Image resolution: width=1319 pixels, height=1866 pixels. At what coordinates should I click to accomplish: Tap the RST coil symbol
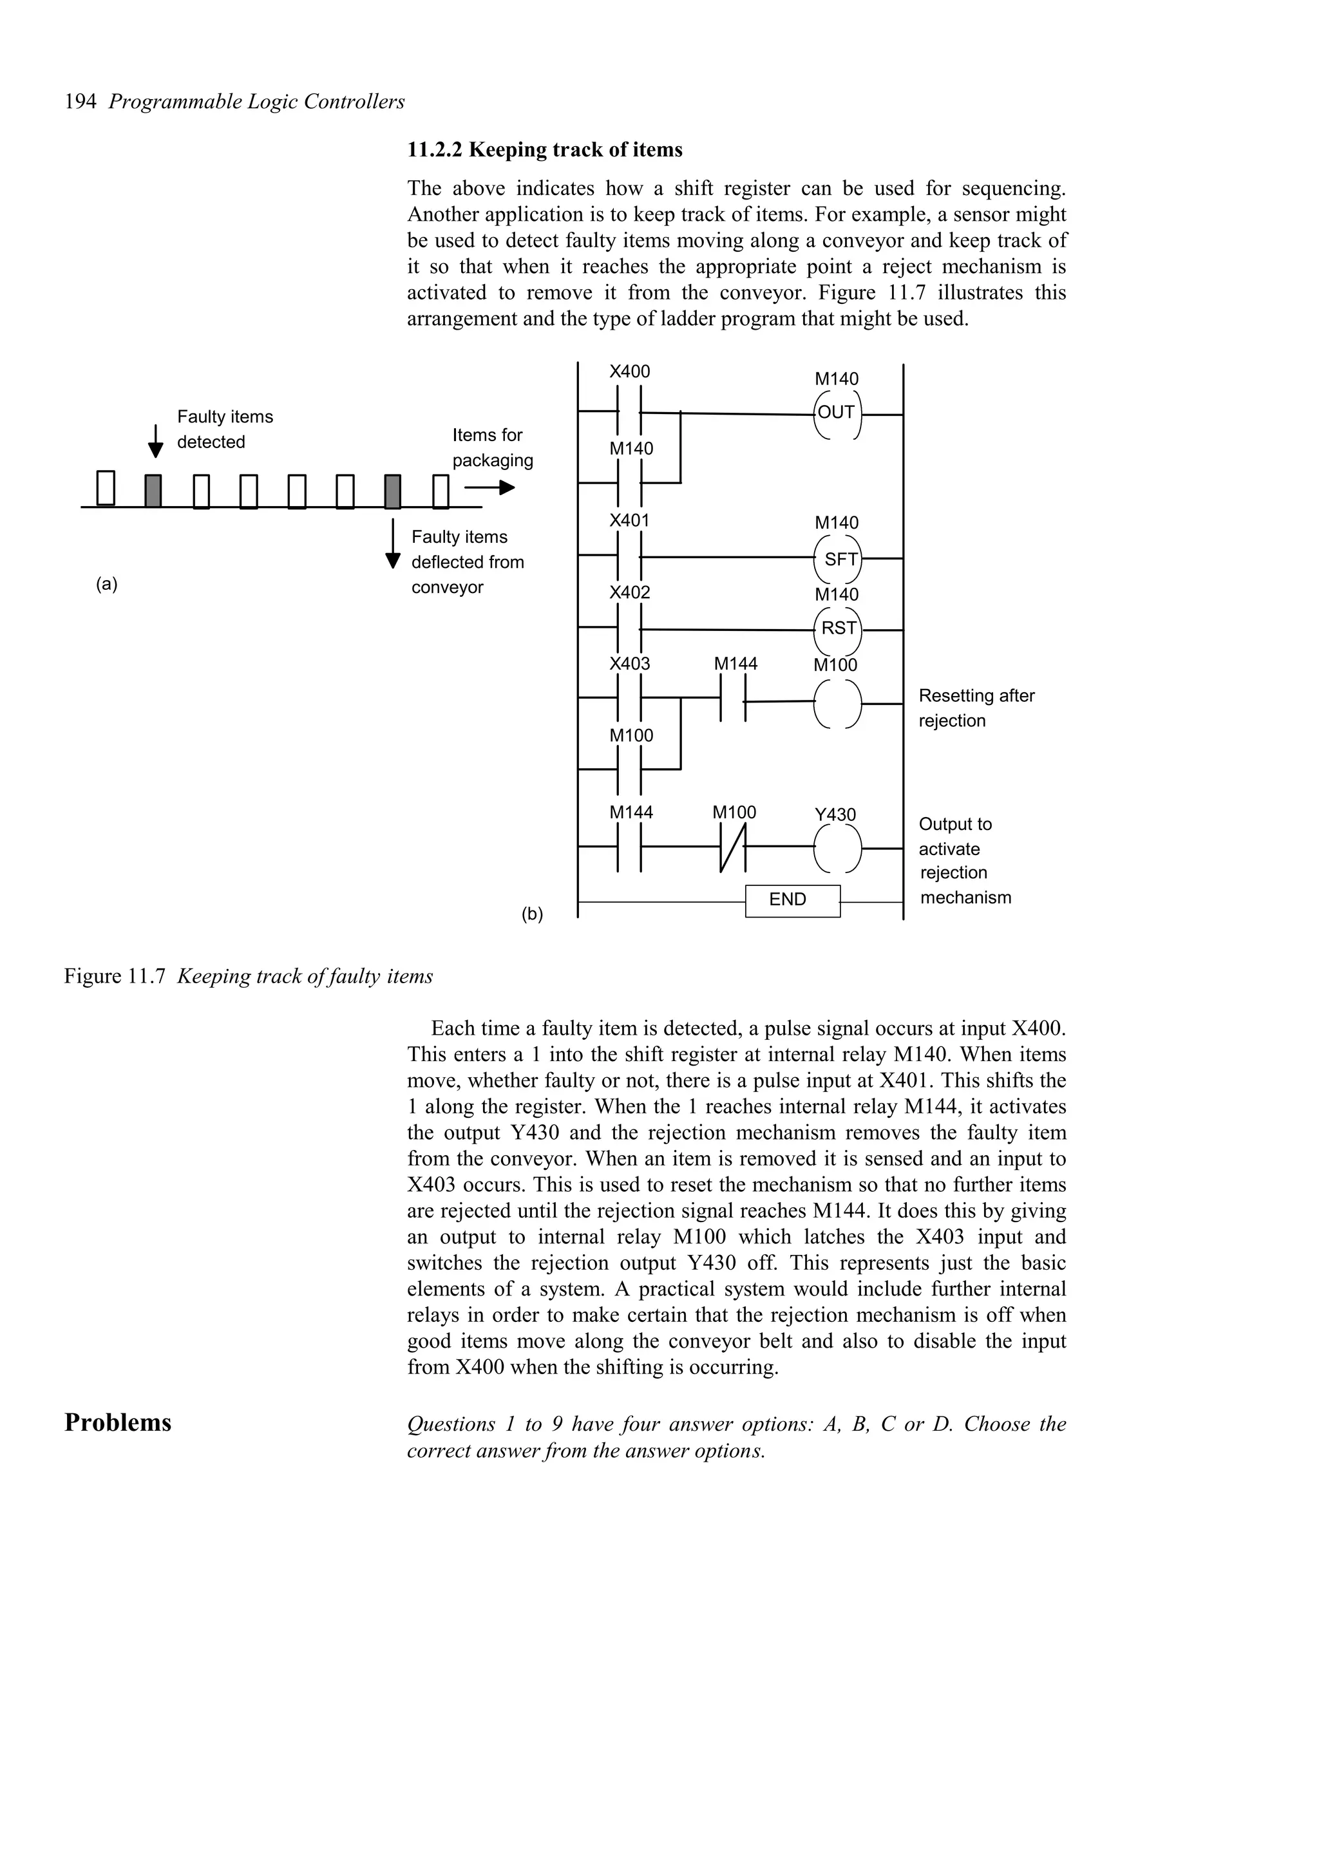pos(838,629)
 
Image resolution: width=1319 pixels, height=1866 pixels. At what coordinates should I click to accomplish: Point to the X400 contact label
pos(629,372)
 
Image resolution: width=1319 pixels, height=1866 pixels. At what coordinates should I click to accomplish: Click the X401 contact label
pos(629,521)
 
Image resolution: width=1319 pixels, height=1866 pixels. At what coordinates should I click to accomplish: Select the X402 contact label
pos(629,592)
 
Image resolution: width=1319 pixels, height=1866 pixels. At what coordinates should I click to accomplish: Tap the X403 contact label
pos(629,664)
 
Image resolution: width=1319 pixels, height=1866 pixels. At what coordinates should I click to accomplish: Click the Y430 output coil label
pos(835,815)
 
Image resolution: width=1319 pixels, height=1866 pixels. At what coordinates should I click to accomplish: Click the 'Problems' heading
pos(118,1422)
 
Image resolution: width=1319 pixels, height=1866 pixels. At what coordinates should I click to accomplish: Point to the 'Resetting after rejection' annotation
pos(975,708)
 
